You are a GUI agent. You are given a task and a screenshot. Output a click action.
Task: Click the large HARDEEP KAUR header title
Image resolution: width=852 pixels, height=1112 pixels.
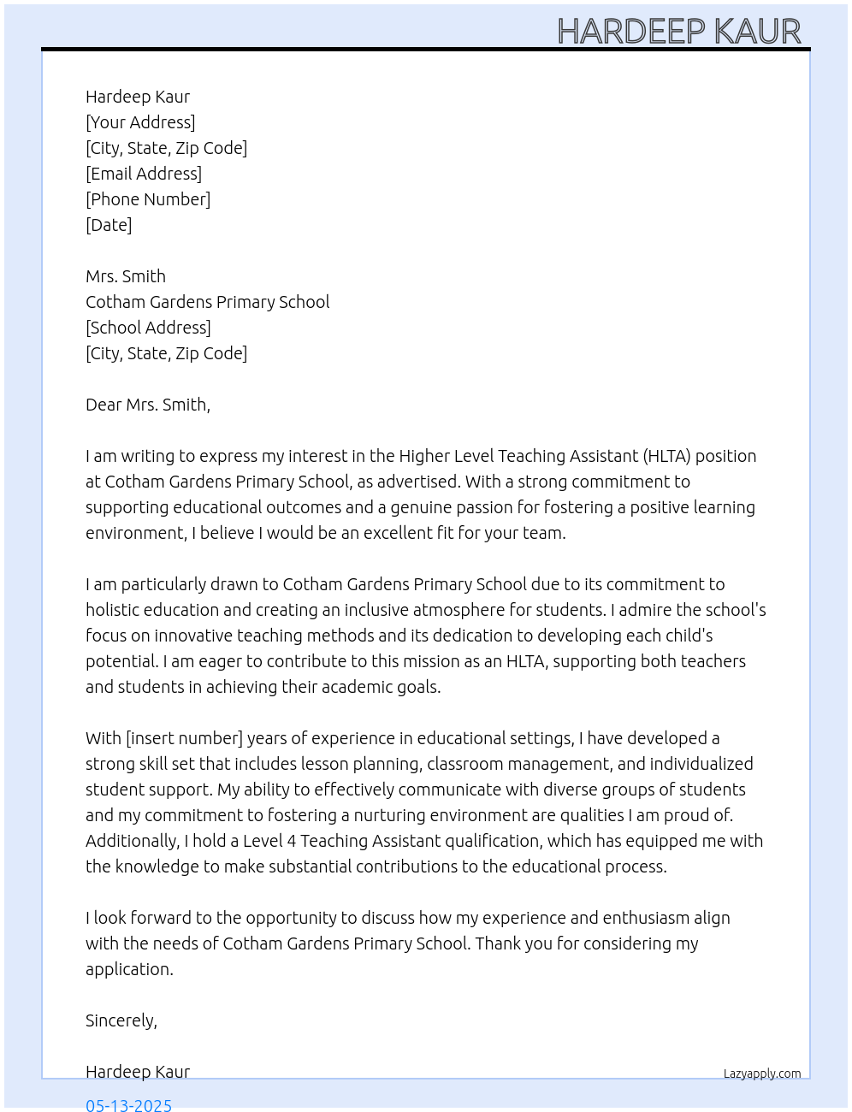pos(679,31)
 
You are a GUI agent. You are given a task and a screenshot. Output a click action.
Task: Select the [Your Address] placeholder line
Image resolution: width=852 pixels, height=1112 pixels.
pos(140,122)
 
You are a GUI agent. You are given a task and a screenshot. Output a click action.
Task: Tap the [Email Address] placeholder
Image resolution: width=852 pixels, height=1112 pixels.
pos(144,174)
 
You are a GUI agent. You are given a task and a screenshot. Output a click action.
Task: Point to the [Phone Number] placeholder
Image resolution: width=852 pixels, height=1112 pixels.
pos(148,199)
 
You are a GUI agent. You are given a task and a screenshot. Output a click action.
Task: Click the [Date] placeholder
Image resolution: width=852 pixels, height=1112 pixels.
pos(109,225)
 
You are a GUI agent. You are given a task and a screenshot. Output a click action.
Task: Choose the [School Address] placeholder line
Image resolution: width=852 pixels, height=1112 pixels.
pos(148,328)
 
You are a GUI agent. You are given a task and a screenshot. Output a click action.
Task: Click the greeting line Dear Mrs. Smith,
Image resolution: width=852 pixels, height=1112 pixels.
pos(148,405)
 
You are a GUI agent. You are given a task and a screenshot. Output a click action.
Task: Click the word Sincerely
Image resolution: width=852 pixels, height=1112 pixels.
pos(120,1020)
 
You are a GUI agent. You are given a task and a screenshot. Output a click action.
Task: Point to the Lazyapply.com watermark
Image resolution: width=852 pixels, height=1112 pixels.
pos(762,1074)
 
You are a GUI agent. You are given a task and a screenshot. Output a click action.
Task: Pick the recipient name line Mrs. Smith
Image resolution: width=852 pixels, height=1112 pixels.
pos(126,276)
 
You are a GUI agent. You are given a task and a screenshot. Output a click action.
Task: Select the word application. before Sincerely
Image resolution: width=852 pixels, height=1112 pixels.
pos(129,969)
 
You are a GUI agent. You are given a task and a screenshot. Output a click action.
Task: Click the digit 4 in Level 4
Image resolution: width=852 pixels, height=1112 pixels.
pos(292,841)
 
